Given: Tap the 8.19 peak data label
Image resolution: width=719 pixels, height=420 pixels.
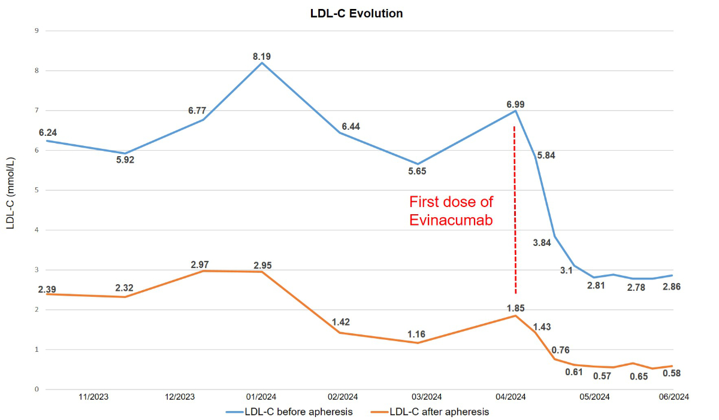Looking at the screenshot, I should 262,57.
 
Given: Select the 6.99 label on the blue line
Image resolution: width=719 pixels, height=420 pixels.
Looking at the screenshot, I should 516,105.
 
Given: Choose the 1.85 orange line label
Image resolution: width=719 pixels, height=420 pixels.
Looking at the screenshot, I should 516,308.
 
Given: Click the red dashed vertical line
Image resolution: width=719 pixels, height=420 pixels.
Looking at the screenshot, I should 515,209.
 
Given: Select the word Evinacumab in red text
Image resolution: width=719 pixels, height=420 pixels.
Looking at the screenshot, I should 451,220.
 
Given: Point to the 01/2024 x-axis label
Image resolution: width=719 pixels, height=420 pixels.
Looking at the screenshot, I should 262,397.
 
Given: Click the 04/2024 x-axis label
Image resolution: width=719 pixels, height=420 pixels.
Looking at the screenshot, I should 512,397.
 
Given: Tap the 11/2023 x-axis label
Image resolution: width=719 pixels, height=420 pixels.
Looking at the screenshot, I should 95,397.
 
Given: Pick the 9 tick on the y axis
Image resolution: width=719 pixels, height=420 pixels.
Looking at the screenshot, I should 36,31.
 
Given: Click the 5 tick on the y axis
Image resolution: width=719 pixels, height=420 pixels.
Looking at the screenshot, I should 36,190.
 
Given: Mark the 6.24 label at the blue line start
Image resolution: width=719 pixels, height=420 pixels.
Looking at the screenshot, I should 47,133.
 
